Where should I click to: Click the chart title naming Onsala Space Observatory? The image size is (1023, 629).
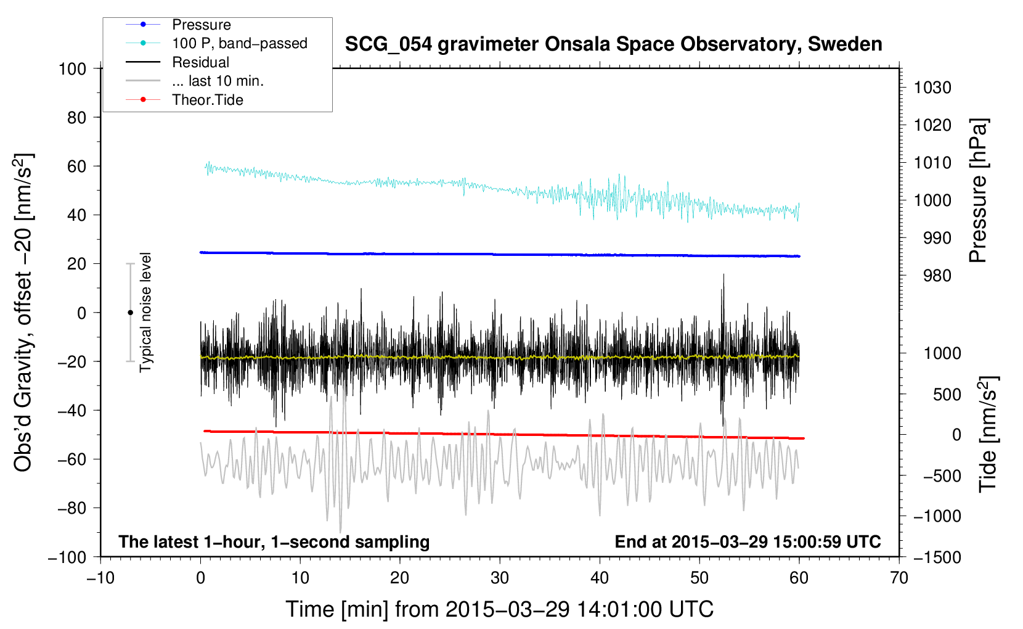[613, 44]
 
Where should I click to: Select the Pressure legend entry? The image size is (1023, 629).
[201, 25]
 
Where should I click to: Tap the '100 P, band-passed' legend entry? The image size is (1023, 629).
[239, 43]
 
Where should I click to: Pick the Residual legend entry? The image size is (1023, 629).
[200, 62]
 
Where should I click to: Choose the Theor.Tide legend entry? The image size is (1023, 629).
[207, 100]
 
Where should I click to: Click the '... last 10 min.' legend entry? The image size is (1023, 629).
[218, 81]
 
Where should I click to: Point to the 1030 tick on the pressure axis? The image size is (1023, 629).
[932, 88]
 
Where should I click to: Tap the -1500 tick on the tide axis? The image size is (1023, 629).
[937, 557]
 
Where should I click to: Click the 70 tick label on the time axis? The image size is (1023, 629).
[899, 578]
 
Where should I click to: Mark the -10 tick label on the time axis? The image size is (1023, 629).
[100, 578]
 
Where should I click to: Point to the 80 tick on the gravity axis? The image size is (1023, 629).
[76, 117]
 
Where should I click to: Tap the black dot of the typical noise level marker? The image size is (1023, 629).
[130, 313]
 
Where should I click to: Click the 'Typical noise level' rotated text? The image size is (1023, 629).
[145, 312]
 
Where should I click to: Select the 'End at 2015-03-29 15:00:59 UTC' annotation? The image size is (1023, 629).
[748, 541]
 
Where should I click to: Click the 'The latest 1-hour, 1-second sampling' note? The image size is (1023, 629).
[274, 541]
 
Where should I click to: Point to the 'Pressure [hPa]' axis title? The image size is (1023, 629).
[978, 191]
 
